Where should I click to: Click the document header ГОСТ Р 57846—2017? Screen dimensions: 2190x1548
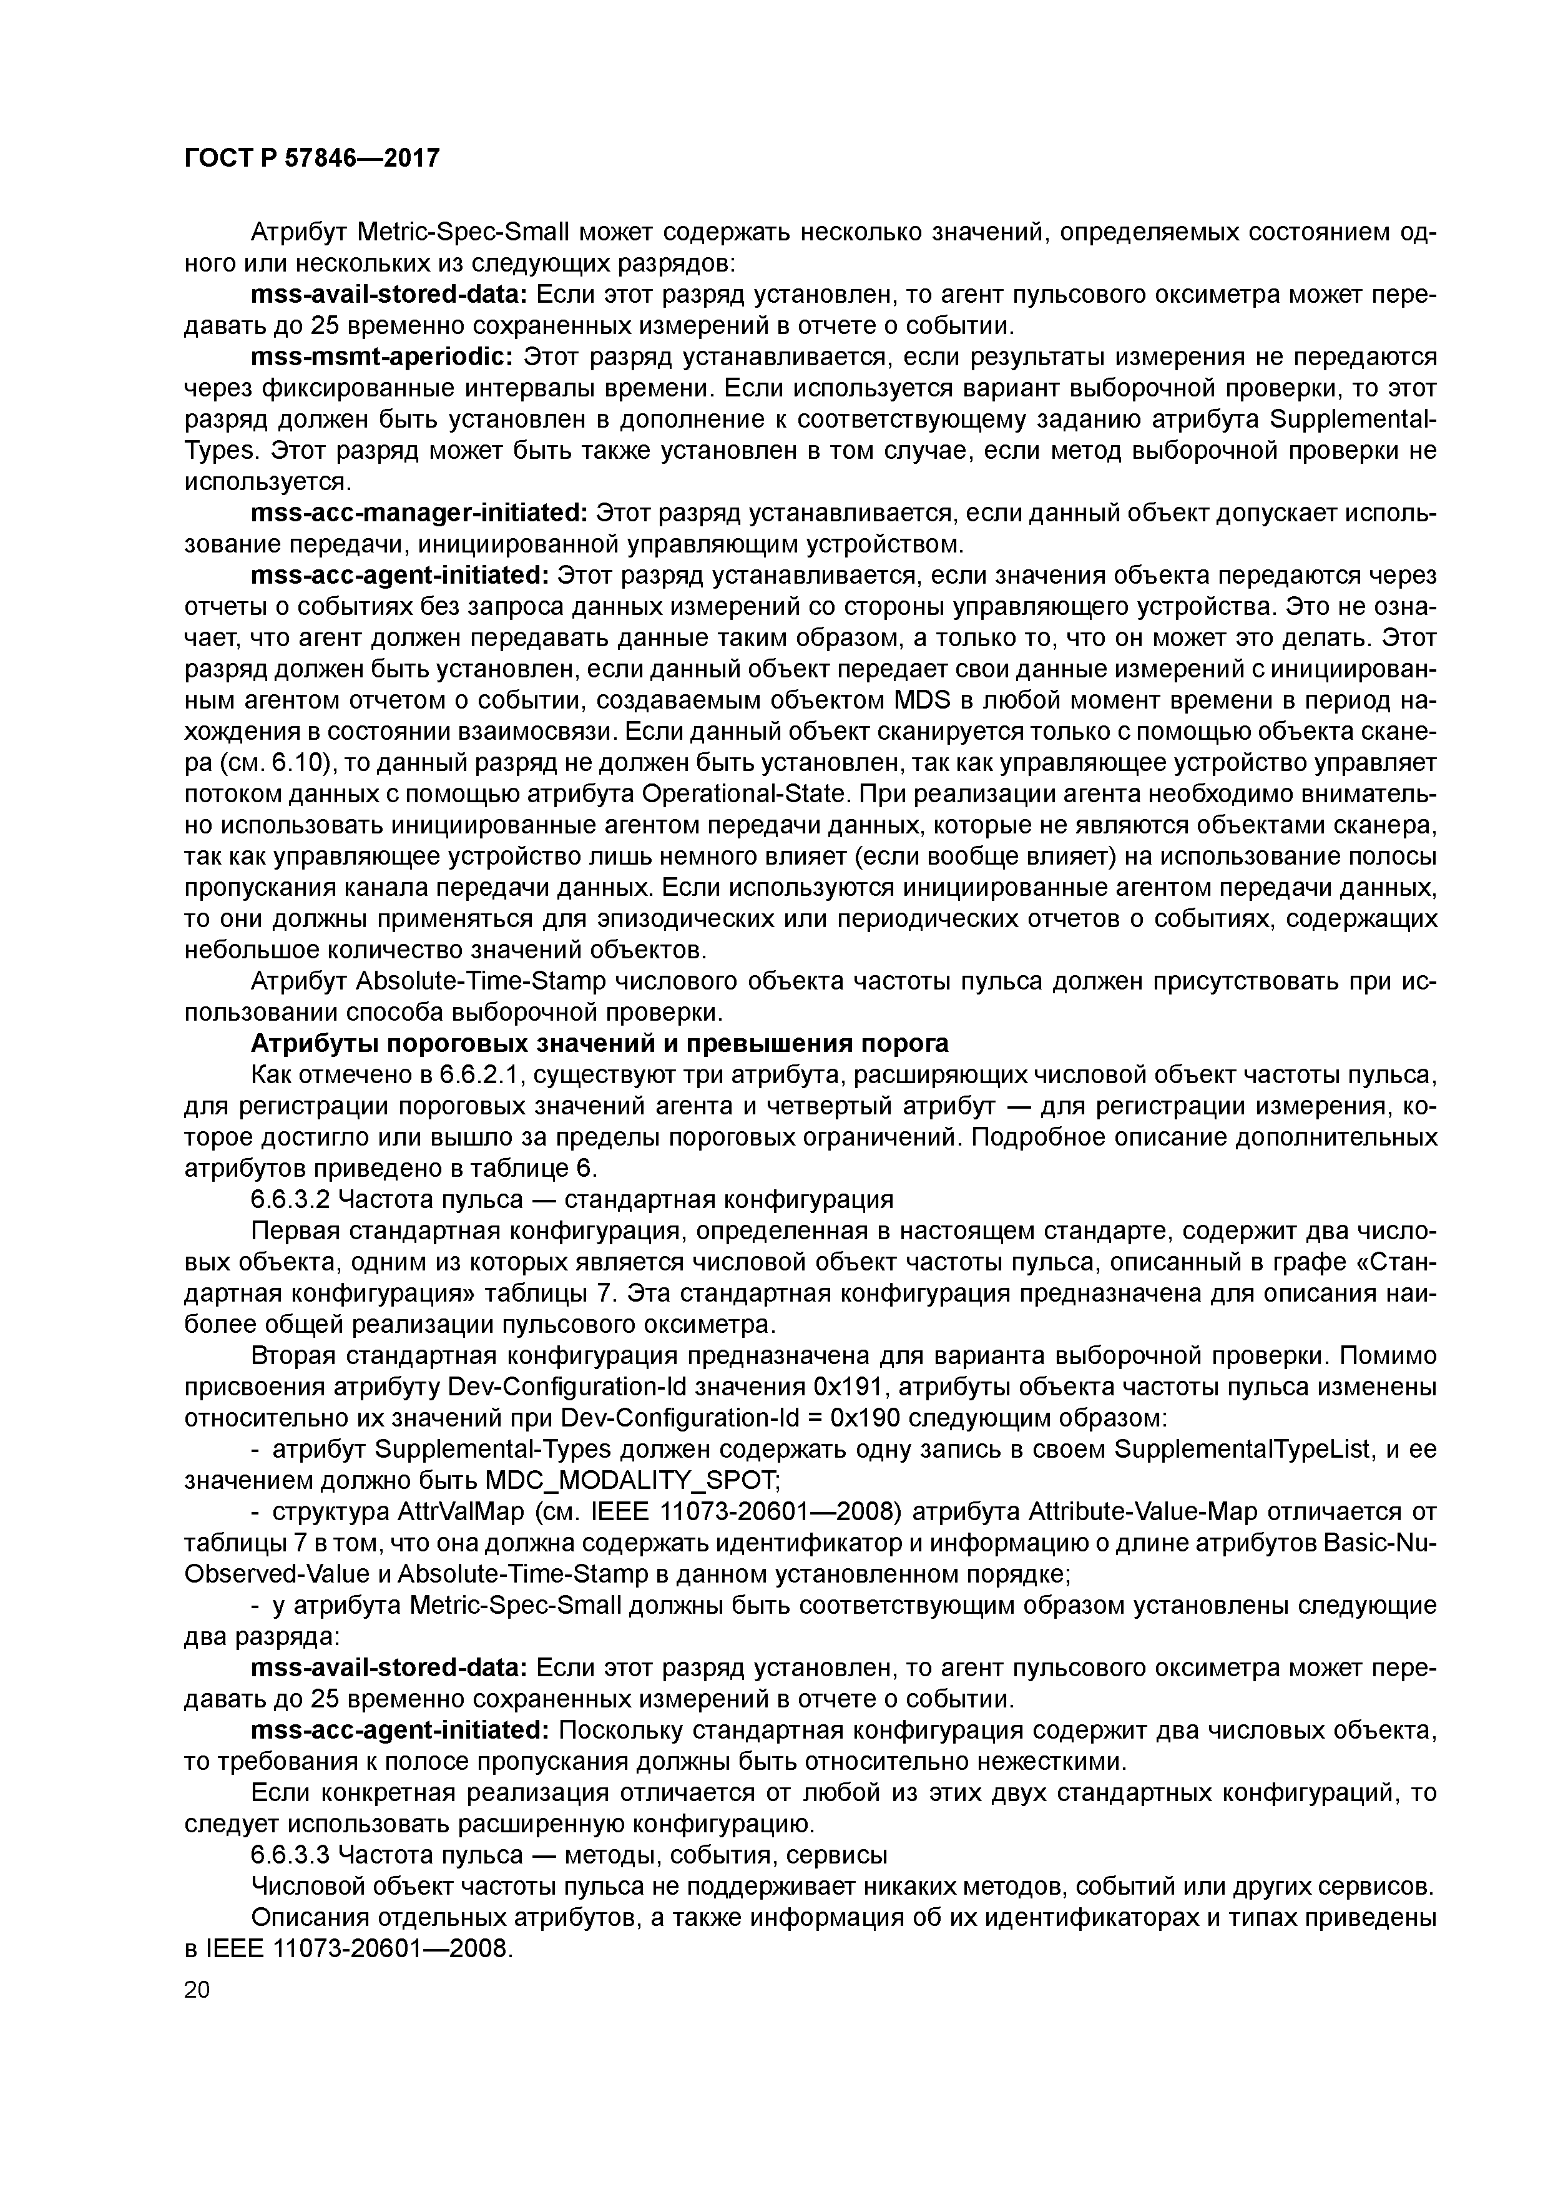coord(312,157)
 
